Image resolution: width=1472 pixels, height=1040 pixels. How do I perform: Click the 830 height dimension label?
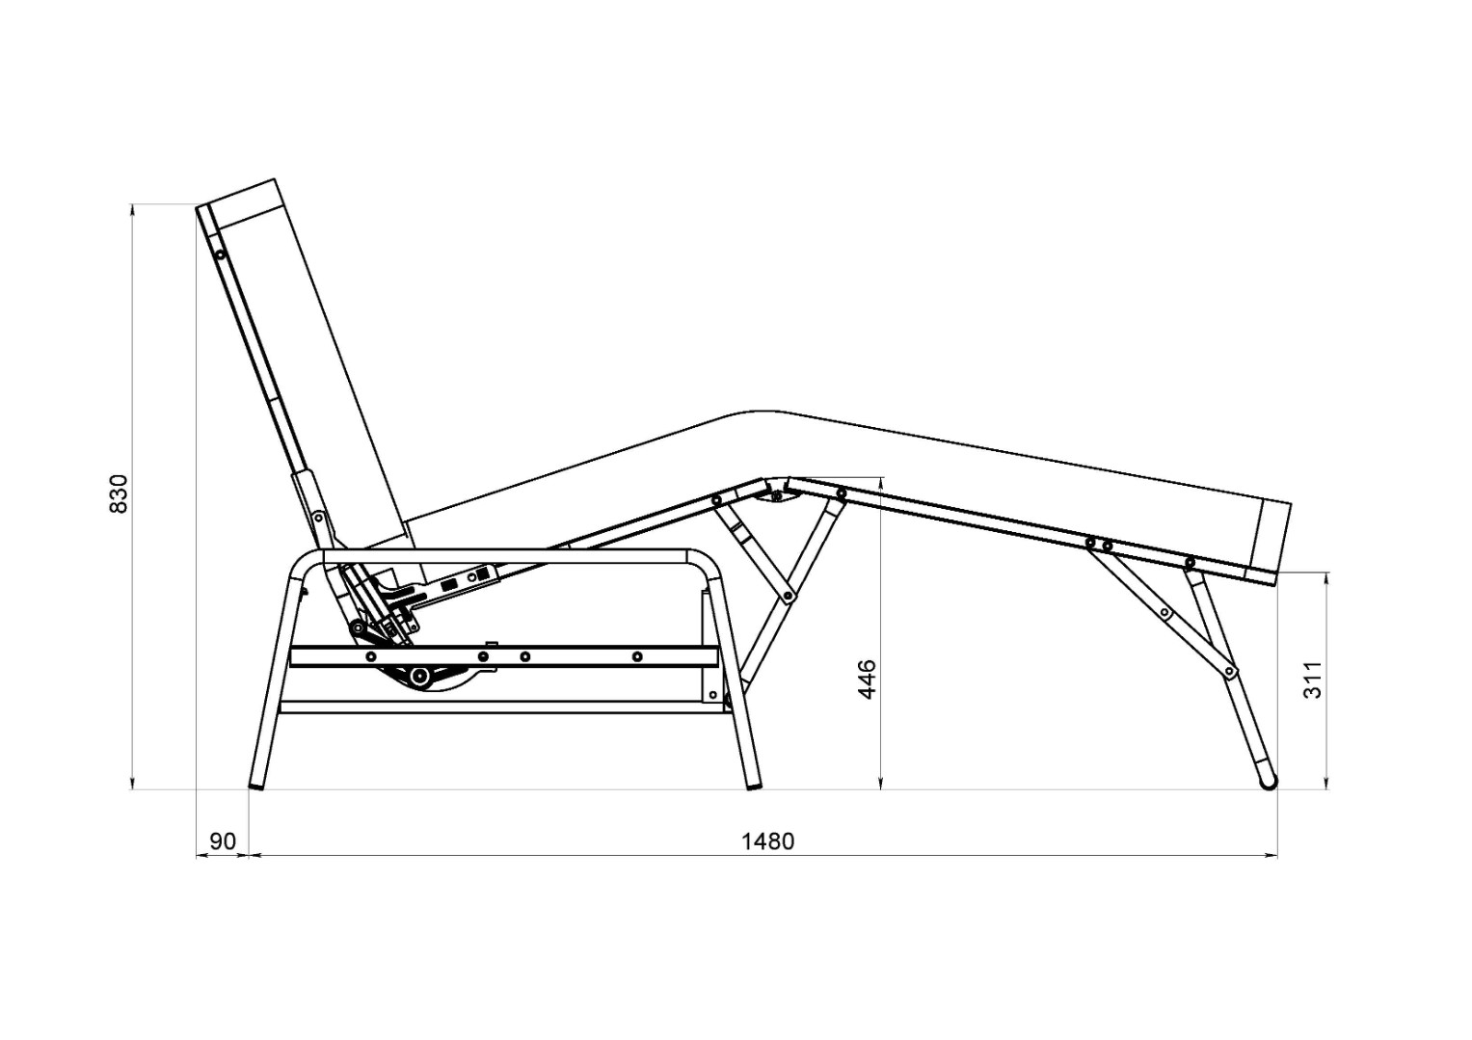(x=119, y=493)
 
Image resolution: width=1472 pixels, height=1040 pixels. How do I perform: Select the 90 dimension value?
(x=223, y=841)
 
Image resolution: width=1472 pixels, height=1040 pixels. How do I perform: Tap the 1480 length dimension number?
(x=767, y=841)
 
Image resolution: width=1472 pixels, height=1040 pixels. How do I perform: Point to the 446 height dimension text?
(x=868, y=680)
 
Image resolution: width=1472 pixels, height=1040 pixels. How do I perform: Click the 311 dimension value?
(x=1312, y=680)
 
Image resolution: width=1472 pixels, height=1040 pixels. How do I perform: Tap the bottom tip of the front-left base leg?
(x=257, y=786)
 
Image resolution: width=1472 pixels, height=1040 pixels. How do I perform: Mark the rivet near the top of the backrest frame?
(x=220, y=254)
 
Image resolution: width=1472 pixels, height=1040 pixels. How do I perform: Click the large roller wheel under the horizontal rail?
(x=418, y=676)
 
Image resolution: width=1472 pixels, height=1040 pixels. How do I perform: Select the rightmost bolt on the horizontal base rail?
(x=637, y=656)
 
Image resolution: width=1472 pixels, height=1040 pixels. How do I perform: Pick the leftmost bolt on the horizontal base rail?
(x=371, y=656)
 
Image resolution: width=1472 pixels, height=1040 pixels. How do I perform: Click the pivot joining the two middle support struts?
(x=788, y=596)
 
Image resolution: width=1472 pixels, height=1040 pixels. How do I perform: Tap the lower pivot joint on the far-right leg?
(x=1228, y=671)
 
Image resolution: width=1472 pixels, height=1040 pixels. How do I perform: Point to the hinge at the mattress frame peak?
(x=777, y=496)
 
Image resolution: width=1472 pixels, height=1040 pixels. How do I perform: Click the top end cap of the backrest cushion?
(x=245, y=201)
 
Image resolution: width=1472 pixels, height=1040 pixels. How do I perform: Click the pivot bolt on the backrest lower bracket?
(x=318, y=519)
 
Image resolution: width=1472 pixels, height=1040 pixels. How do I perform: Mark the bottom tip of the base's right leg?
(x=755, y=786)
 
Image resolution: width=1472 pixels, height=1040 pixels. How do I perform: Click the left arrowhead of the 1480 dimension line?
(x=256, y=855)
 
